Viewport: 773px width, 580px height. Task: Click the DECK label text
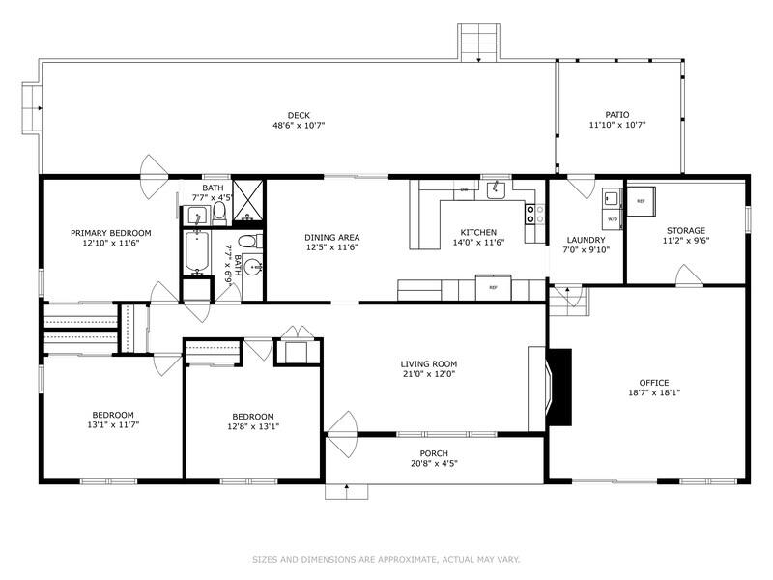pos(298,115)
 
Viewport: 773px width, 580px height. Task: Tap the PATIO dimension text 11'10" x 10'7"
pos(616,125)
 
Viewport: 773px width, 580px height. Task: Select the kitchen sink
pos(496,191)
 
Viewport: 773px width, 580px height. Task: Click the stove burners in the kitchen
pos(530,214)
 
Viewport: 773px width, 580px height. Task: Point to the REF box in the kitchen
pos(493,287)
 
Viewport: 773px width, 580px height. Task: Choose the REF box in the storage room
pos(641,201)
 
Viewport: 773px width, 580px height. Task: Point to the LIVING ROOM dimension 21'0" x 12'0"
pos(428,374)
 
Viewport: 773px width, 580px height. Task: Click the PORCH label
pos(433,453)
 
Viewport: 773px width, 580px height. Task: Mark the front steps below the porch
pos(346,492)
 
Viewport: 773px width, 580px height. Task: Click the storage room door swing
pos(689,276)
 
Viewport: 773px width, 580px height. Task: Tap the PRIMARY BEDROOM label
pos(111,233)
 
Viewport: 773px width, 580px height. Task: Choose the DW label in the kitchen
pos(464,190)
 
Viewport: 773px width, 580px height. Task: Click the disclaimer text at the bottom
pos(386,558)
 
